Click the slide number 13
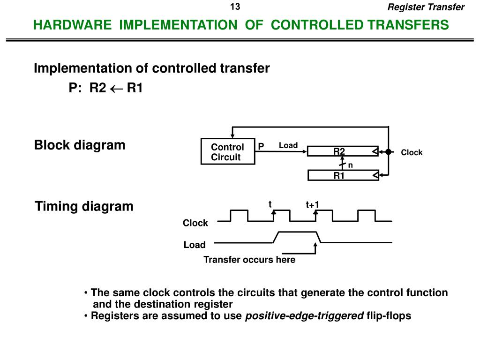tap(235, 7)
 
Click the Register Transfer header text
tap(426, 7)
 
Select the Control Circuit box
tap(227, 152)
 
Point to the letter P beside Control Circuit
tap(261, 147)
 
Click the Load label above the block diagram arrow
tap(288, 145)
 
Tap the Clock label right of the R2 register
tap(412, 152)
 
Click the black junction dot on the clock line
tap(388, 151)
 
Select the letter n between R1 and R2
tap(350, 165)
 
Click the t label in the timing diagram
tap(270, 204)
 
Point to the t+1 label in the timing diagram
tap(312, 205)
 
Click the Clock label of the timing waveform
tap(195, 223)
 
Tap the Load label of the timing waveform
tap(195, 245)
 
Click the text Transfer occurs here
tap(249, 260)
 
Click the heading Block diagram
tap(80, 145)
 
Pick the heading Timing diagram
tap(84, 206)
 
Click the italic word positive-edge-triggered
tap(304, 315)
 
